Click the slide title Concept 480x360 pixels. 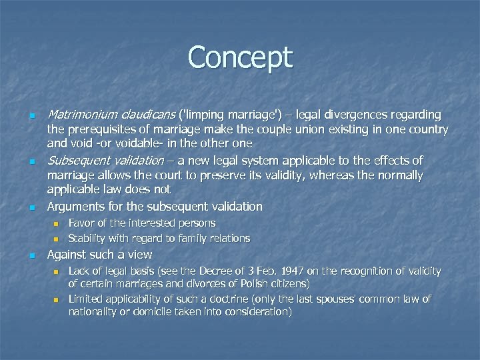tap(240, 57)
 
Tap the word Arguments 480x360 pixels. tap(73, 206)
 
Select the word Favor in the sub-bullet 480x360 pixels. tap(81, 223)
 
